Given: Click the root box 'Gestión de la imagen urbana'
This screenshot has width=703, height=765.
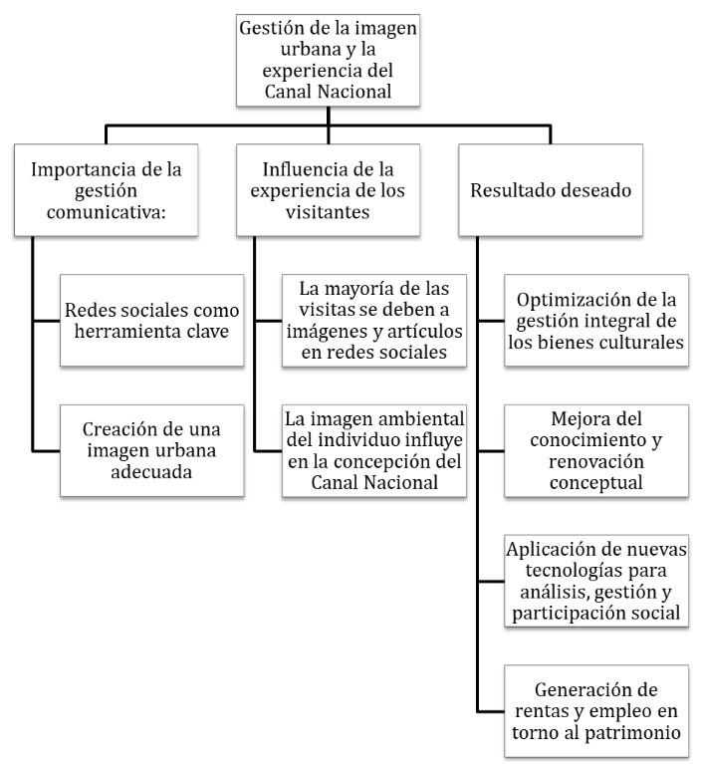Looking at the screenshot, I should coord(328,61).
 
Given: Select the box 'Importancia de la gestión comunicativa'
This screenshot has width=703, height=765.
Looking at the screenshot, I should coord(106,189).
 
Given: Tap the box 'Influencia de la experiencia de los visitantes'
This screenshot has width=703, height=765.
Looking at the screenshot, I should coord(328,189).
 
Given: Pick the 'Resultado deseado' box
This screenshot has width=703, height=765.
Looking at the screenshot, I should coord(551,189).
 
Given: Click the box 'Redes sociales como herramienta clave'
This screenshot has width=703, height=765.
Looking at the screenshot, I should coord(151,321).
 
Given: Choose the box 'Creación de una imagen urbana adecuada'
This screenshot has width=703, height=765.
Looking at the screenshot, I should coord(151,450).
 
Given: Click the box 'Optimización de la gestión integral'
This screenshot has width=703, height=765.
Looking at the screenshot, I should coord(594,321).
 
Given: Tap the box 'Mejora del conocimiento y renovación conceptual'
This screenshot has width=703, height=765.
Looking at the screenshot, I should coord(594,450).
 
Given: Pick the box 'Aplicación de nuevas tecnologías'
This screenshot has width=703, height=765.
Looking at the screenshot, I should coord(594,582).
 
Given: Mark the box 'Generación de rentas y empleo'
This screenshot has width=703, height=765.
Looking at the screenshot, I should coord(594,710).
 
